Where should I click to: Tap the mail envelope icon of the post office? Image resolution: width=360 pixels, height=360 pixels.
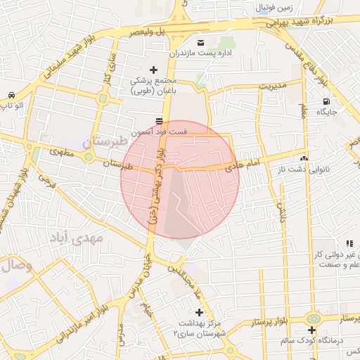coord(200,43)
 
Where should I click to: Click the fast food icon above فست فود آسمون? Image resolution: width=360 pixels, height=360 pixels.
coord(161,120)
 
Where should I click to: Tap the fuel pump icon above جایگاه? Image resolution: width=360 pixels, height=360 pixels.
coord(325,101)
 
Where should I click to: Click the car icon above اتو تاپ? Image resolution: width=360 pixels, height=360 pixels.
coord(11,95)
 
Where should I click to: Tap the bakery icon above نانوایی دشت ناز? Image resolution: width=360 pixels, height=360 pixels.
coord(304,158)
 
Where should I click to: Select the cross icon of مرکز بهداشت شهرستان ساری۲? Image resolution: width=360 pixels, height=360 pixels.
coord(199,311)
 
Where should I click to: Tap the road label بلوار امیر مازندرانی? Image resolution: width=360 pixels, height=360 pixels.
coord(79,318)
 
